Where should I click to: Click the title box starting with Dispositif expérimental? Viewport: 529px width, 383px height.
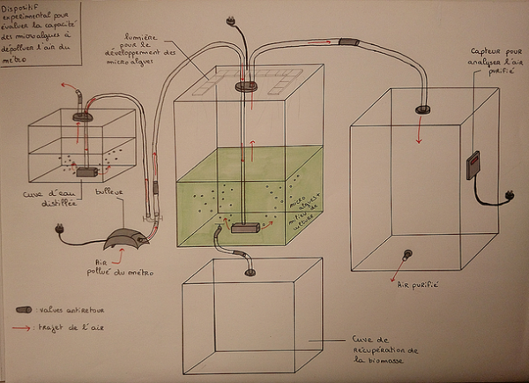pos(43,34)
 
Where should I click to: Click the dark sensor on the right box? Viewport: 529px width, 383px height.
pos(472,165)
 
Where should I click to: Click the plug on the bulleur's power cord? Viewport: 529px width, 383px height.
pos(60,231)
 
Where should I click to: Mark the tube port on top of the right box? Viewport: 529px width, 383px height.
pos(422,109)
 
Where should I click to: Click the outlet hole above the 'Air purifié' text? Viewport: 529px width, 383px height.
pos(408,256)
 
